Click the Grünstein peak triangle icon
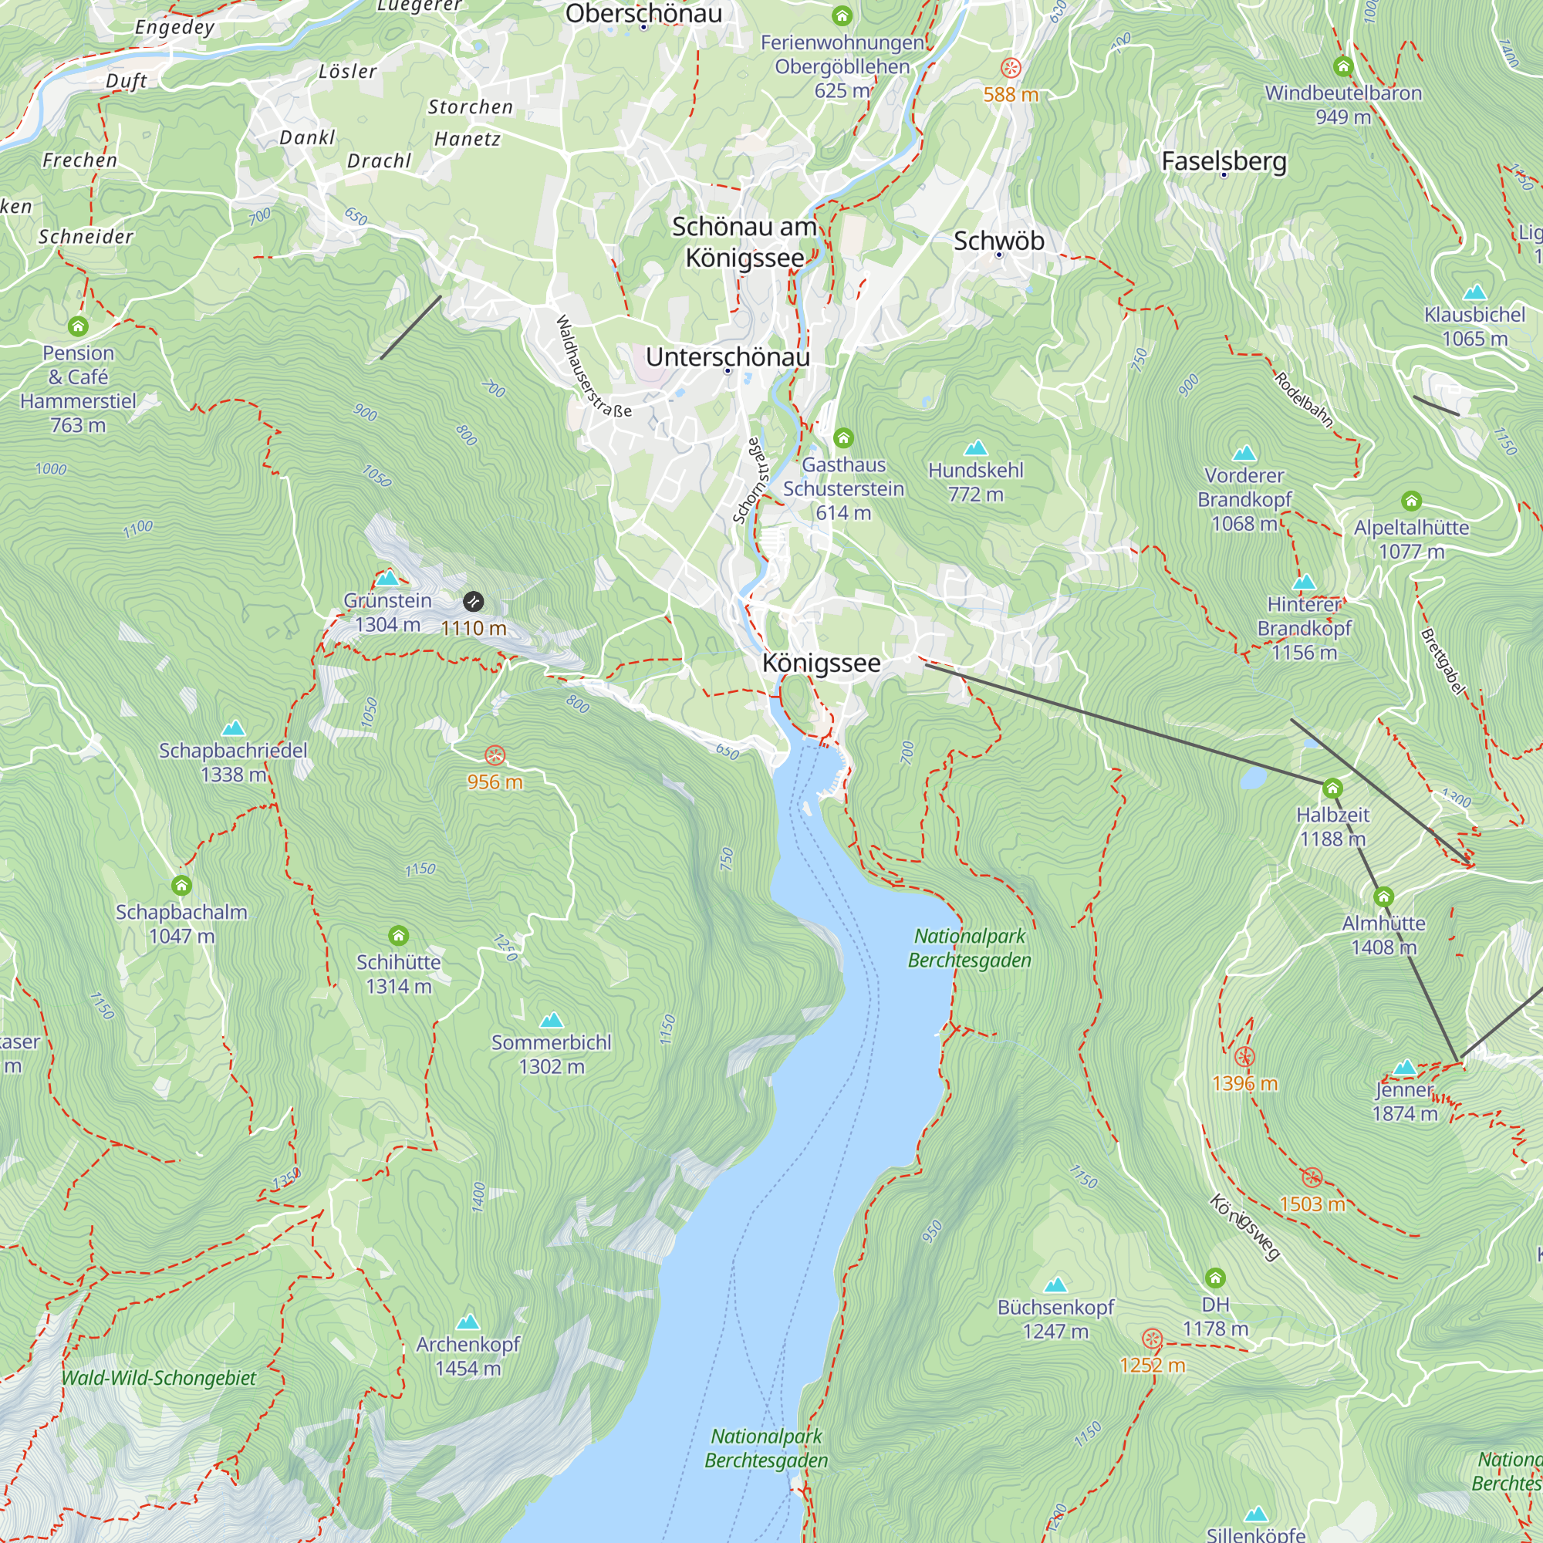pos(387,577)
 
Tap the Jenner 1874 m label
pos(1404,1102)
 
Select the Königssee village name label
pos(821,663)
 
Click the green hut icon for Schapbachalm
pos(181,885)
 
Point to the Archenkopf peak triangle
pos(468,1322)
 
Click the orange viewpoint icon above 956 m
pos(495,755)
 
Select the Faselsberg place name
pos(1224,160)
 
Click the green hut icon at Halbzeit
pos(1332,789)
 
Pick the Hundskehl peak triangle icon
pos(975,447)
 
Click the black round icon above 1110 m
pos(473,602)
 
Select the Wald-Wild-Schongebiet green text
pos(159,1378)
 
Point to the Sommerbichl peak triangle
pos(552,1020)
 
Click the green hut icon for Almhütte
pos(1383,897)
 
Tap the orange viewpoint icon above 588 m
pos(1011,68)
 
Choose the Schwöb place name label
pos(998,241)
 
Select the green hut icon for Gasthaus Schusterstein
pos(843,437)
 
